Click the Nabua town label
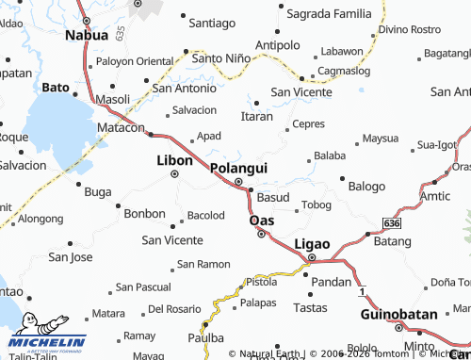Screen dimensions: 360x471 pyautogui.click(x=87, y=35)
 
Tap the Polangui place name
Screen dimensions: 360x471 pyautogui.click(x=237, y=167)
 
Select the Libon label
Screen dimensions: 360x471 pyautogui.click(x=174, y=160)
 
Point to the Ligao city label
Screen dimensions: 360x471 pyautogui.click(x=313, y=243)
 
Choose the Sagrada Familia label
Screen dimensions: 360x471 pyautogui.click(x=330, y=13)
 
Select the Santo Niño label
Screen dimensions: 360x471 pyautogui.click(x=221, y=57)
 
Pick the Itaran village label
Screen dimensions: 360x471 pyautogui.click(x=256, y=116)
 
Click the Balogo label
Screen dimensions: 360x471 pyautogui.click(x=367, y=186)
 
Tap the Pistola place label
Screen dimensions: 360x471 pyautogui.click(x=261, y=282)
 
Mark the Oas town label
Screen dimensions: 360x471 pyautogui.click(x=261, y=221)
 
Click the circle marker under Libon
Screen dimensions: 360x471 pyautogui.click(x=174, y=174)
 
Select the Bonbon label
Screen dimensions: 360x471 pyautogui.click(x=144, y=214)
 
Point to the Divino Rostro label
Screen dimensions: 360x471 pyautogui.click(x=410, y=29)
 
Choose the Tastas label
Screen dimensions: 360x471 pyautogui.click(x=310, y=307)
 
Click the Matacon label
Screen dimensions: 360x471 pyautogui.click(x=121, y=127)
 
